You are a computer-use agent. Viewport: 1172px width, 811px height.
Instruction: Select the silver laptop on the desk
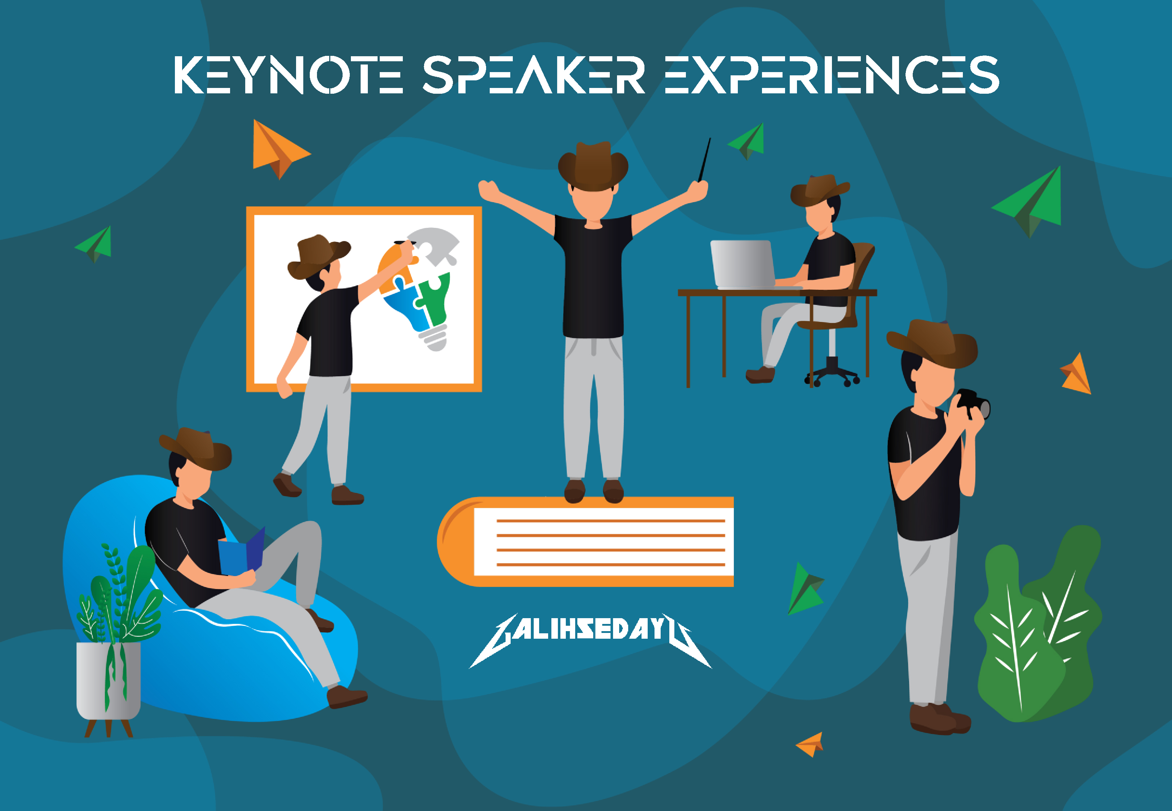pyautogui.click(x=743, y=265)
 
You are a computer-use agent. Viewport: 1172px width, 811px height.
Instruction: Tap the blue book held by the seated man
pyautogui.click(x=242, y=552)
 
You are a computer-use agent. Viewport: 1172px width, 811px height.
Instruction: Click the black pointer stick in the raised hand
pyautogui.click(x=704, y=159)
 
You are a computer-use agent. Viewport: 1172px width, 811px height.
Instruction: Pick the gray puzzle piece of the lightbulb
pyautogui.click(x=433, y=244)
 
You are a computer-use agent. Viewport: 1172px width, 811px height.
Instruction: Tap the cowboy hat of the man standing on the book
pyautogui.click(x=593, y=166)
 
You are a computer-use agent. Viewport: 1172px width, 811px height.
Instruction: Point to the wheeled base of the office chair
pyautogui.click(x=832, y=374)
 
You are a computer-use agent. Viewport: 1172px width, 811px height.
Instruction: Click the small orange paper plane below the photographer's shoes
pyautogui.click(x=810, y=744)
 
